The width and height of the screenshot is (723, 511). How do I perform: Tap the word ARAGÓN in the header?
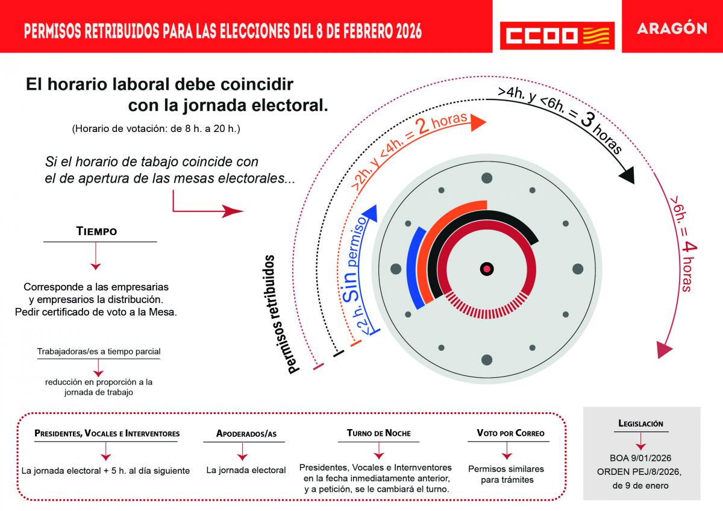(x=672, y=29)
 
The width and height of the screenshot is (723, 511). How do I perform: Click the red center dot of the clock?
(x=487, y=268)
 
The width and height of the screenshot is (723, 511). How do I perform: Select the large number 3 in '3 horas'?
(x=586, y=120)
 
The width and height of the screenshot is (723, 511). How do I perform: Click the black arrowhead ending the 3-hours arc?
(x=627, y=175)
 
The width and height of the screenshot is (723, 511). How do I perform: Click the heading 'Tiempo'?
(x=96, y=231)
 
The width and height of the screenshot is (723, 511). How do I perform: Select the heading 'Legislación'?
(x=641, y=424)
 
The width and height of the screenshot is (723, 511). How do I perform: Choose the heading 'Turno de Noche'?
(x=379, y=433)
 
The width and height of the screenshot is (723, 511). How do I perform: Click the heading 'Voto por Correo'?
(x=510, y=433)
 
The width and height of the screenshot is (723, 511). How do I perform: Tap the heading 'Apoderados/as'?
(x=246, y=434)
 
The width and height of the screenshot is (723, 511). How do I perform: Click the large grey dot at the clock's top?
(x=487, y=178)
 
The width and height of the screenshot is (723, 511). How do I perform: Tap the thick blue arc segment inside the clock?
(x=415, y=268)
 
